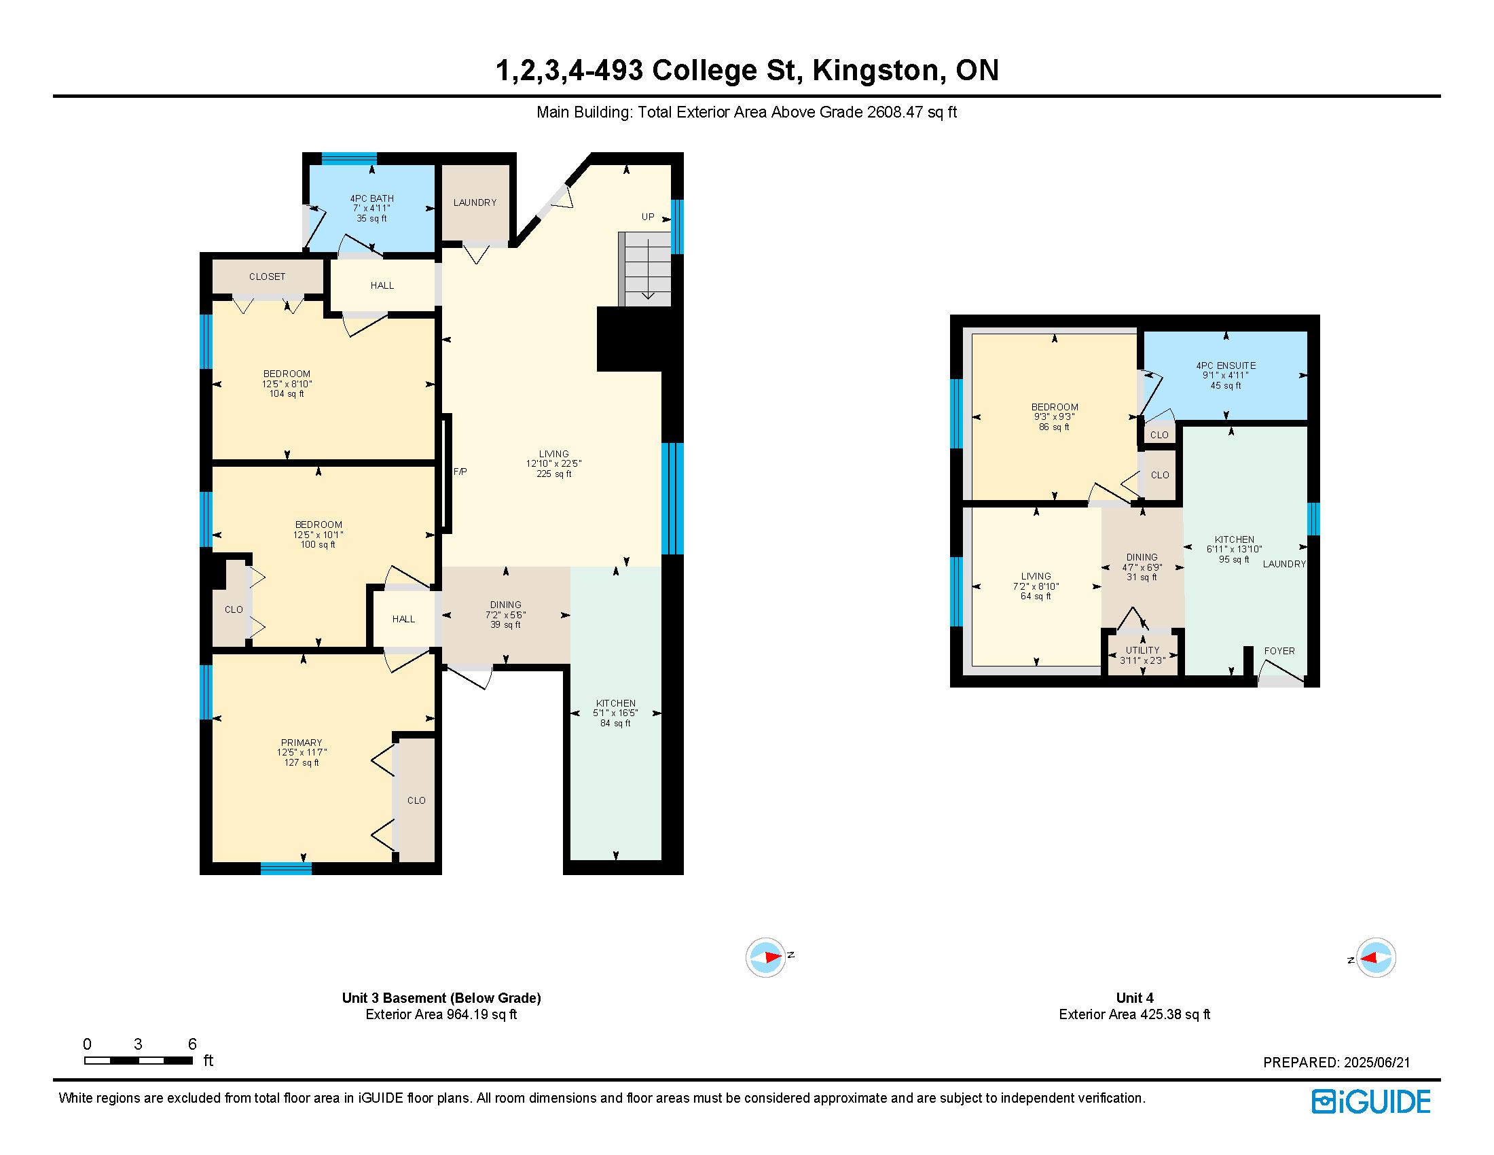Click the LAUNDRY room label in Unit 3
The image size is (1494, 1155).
click(x=475, y=202)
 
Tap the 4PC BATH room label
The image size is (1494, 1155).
click(x=371, y=198)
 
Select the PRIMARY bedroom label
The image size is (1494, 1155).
click(x=301, y=743)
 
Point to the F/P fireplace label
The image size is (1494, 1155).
click(x=460, y=472)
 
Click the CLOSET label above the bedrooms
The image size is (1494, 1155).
click(x=267, y=277)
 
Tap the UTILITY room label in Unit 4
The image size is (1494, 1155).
click(x=1142, y=650)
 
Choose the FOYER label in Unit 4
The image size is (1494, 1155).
click(x=1279, y=651)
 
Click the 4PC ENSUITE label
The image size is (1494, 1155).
click(x=1226, y=366)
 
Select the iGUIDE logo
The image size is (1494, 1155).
click(x=1371, y=1101)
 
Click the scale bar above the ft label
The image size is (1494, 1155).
click(x=138, y=1061)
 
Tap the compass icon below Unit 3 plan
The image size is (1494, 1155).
click(x=765, y=957)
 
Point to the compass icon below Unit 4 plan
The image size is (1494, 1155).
click(x=1376, y=957)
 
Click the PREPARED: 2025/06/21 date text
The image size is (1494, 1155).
click(x=1336, y=1063)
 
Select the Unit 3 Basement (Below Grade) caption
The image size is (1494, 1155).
click(x=441, y=997)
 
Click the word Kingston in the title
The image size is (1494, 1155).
click(x=876, y=71)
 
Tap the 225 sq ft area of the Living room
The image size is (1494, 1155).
click(x=553, y=474)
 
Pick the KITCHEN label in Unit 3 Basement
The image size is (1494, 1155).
click(x=616, y=703)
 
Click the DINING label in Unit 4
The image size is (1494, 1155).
click(x=1142, y=557)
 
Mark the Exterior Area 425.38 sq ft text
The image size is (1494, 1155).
click(x=1134, y=1014)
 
